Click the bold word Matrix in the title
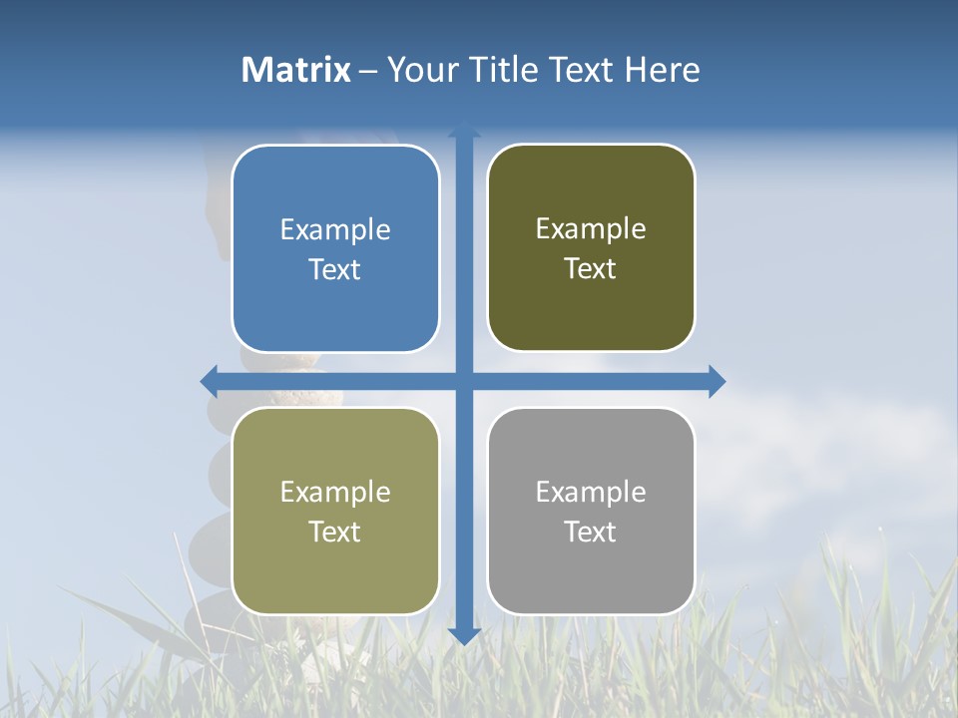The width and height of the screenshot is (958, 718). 296,70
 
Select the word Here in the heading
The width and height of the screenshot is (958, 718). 662,70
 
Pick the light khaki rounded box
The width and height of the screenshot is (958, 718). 335,578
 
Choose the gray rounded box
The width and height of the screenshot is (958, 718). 591,578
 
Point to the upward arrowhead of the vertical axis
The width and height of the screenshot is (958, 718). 464,129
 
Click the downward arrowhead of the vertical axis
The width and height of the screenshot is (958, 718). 464,635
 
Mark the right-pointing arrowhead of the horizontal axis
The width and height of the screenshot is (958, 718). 717,381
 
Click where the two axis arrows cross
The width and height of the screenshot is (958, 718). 464,381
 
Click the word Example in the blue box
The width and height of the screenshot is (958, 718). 335,230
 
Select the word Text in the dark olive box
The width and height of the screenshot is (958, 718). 591,269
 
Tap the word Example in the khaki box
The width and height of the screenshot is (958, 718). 335,493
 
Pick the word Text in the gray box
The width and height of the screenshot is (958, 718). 591,532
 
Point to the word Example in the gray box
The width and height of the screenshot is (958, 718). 591,493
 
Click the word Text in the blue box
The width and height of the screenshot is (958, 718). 335,270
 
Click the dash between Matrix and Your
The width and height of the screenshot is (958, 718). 368,71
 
